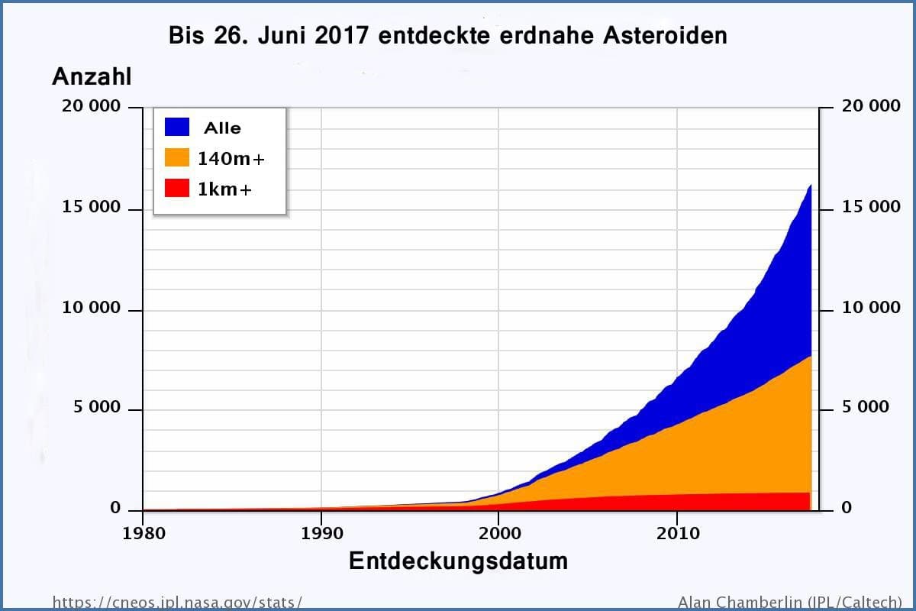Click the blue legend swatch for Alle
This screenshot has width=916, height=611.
177,128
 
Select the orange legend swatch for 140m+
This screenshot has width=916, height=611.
177,158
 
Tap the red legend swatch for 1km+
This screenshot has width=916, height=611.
177,189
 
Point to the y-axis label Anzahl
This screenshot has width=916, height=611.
92,76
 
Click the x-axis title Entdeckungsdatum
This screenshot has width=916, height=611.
458,561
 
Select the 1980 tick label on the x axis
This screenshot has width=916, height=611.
144,532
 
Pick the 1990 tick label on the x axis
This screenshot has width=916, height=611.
321,532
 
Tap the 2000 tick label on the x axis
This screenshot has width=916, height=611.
498,532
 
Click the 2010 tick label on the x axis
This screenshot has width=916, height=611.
677,532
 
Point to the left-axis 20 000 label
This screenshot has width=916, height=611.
91,106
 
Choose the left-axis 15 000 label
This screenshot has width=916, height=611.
91,208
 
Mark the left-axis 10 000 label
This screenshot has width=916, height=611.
91,308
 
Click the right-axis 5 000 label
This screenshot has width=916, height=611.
866,407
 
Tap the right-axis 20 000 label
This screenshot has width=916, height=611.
871,106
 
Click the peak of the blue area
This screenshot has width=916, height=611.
810,186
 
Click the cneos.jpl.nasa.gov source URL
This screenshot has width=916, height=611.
177,602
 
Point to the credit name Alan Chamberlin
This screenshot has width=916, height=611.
737,602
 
